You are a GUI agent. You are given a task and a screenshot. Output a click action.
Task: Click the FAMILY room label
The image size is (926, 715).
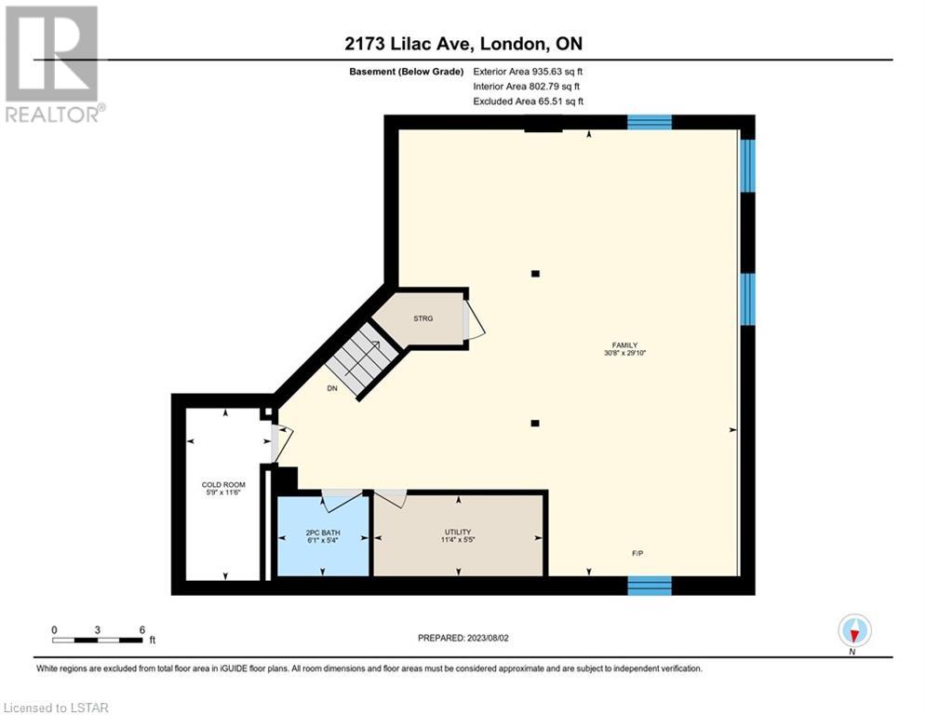point(624,345)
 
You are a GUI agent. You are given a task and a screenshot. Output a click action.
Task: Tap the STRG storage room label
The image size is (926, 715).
point(423,318)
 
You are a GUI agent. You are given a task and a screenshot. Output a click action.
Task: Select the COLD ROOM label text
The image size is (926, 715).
point(223,484)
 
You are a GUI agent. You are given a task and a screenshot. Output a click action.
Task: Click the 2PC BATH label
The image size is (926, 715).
point(323,533)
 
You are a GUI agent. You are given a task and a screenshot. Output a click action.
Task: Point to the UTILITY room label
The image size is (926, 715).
point(458,532)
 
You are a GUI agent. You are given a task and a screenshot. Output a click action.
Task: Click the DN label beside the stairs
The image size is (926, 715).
point(332,388)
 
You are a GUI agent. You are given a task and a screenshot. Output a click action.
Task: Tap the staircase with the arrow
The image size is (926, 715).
point(361,358)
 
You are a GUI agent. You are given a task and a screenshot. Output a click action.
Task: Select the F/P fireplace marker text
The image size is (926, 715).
point(637,554)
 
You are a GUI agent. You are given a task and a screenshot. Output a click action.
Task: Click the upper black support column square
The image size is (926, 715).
point(536,274)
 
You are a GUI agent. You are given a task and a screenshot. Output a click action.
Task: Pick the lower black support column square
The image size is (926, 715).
point(535,423)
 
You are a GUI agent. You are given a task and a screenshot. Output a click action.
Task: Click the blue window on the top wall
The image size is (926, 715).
point(650,122)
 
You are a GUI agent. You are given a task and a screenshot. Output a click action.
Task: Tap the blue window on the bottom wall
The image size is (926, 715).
point(650,585)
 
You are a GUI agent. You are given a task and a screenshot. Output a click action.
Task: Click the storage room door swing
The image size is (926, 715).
point(474,319)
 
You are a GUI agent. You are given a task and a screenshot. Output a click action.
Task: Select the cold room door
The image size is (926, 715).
point(281,443)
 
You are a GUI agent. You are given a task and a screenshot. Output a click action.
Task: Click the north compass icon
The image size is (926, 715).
point(854,630)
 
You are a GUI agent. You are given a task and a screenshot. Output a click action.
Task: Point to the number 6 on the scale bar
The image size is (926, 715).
point(142,630)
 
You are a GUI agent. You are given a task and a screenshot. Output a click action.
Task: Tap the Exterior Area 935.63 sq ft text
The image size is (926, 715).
point(528,72)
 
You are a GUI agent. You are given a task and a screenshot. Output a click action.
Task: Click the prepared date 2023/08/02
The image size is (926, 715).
point(488,638)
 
